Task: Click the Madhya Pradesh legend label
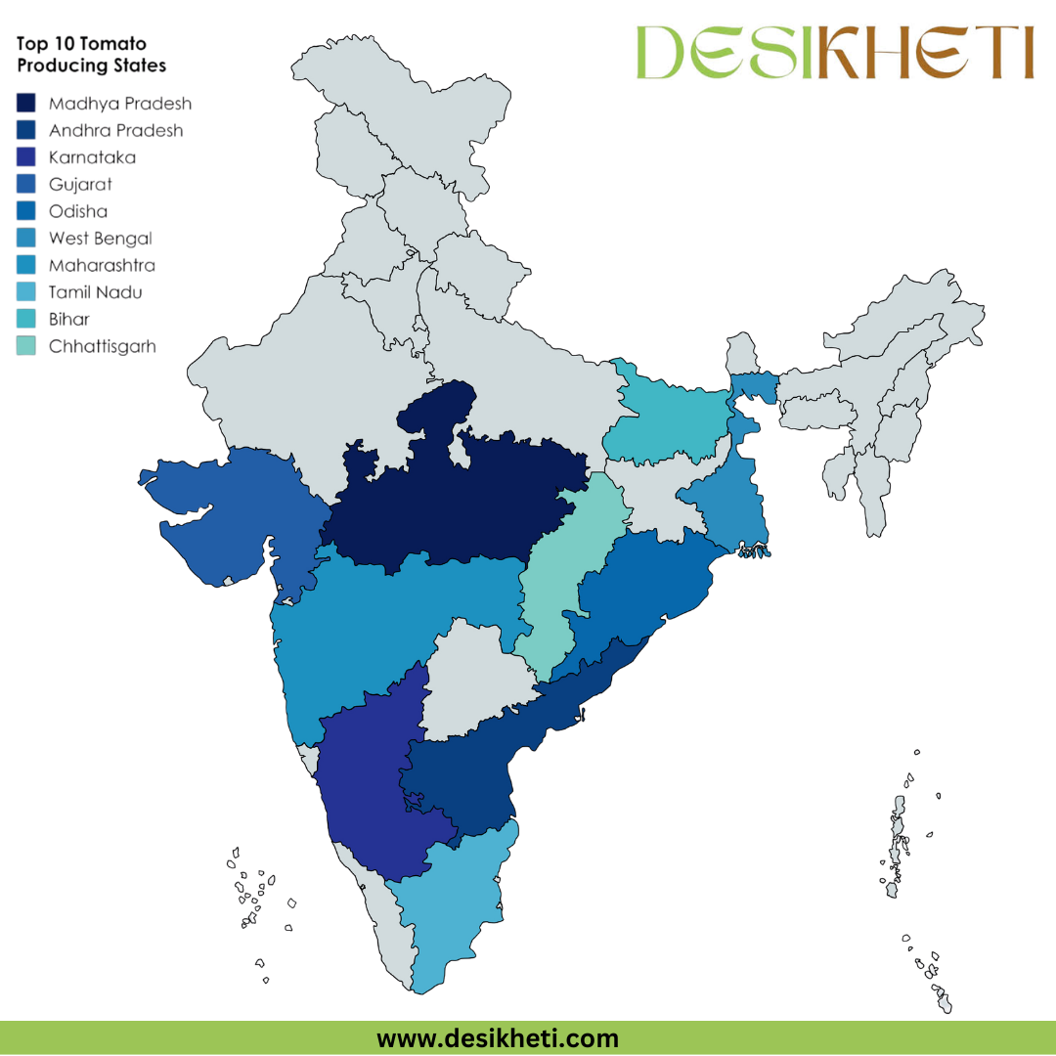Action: [119, 104]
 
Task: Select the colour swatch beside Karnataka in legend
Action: [27, 157]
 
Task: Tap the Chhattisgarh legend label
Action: [102, 346]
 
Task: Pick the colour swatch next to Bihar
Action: [27, 319]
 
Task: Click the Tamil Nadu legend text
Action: [95, 292]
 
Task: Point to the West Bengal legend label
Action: [100, 239]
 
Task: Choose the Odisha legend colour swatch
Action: [27, 211]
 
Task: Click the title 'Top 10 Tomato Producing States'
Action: [91, 55]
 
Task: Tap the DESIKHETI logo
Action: [834, 53]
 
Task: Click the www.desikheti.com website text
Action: [498, 1037]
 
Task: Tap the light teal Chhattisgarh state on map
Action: [562, 577]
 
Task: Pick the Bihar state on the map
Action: [665, 420]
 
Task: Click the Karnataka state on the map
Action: [372, 782]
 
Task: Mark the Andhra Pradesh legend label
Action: [115, 131]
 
